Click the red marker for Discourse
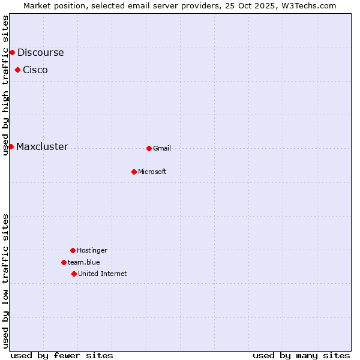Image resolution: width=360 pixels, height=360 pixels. coord(12,52)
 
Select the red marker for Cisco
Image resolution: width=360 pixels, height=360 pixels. coord(17,70)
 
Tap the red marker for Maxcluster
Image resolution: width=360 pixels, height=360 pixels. coord(11,146)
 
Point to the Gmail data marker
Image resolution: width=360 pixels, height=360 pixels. coord(149,148)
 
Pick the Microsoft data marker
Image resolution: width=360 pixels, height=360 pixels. coord(134,172)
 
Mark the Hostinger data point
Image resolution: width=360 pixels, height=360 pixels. coord(73,250)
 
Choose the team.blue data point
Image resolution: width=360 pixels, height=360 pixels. coord(64,262)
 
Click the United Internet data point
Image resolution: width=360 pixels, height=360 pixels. coord(74,274)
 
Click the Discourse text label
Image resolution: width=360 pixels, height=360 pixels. coord(40,52)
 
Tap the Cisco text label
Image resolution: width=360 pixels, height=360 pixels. coord(35,70)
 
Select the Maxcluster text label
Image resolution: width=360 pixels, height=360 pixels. coord(42,146)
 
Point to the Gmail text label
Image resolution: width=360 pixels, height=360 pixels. coord(162,148)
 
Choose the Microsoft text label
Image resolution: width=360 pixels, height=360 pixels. coord(152,172)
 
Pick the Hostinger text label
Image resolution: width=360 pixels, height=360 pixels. coord(92,250)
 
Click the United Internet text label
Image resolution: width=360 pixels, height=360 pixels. coord(103,274)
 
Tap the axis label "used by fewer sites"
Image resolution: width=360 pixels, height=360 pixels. coord(62,355)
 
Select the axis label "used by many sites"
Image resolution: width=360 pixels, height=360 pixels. coord(301,355)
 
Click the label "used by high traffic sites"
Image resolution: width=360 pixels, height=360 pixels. coord(6,85)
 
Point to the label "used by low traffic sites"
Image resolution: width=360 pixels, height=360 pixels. coord(6,280)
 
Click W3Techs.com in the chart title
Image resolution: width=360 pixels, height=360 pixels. coord(308,5)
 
